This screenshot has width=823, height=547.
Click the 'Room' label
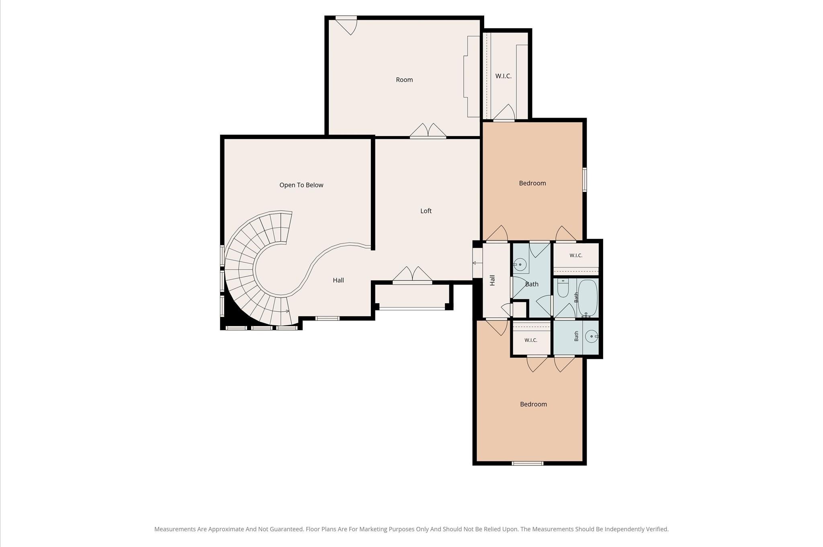click(404, 80)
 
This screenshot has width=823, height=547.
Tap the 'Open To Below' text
click(301, 185)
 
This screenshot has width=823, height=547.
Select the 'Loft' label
click(426, 211)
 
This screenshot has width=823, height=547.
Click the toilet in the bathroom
click(563, 288)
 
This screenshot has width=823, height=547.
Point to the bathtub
click(588, 298)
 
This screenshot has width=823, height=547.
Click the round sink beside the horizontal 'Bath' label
click(520, 265)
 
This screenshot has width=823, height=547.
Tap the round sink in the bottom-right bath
click(592, 337)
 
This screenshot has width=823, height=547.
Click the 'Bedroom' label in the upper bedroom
click(532, 183)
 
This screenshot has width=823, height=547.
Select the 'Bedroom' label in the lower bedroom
click(533, 404)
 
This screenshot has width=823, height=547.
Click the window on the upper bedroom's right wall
click(585, 180)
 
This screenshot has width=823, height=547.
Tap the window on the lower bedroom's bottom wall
click(528, 463)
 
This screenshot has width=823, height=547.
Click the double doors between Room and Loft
click(428, 131)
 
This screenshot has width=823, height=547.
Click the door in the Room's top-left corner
click(346, 25)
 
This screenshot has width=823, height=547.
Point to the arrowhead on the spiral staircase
click(287, 311)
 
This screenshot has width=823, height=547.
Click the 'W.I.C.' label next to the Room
click(504, 76)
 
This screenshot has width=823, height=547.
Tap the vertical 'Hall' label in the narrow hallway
click(492, 280)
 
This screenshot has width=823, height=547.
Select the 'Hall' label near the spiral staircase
click(338, 280)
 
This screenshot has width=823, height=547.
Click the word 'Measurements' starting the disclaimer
click(175, 529)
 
